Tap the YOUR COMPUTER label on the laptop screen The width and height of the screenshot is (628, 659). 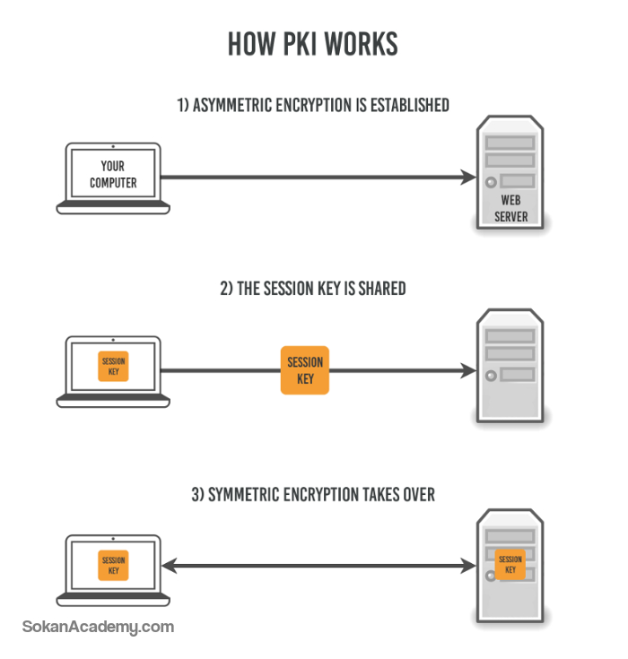point(113,175)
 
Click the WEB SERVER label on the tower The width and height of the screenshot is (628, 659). point(510,208)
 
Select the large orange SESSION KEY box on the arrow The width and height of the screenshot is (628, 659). point(305,370)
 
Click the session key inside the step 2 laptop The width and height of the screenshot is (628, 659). point(113,367)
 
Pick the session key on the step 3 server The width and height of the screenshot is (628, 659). point(510,565)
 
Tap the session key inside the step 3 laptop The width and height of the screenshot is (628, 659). point(113,565)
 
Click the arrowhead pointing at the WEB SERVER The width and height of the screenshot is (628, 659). point(467,177)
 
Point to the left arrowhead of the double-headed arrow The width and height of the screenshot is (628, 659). point(170,566)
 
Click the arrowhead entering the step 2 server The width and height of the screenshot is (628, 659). point(467,370)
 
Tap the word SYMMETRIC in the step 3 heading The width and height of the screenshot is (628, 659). point(243,495)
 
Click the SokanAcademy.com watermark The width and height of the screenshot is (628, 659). point(98,627)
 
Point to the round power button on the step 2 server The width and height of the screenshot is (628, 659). point(491,376)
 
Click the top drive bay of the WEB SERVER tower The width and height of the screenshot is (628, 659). point(510,143)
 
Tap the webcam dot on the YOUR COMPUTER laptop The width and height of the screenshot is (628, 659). point(113,146)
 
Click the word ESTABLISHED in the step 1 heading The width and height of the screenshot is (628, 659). point(410,105)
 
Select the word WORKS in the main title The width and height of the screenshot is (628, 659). point(361,44)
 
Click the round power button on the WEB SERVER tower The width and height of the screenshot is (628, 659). point(491,182)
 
